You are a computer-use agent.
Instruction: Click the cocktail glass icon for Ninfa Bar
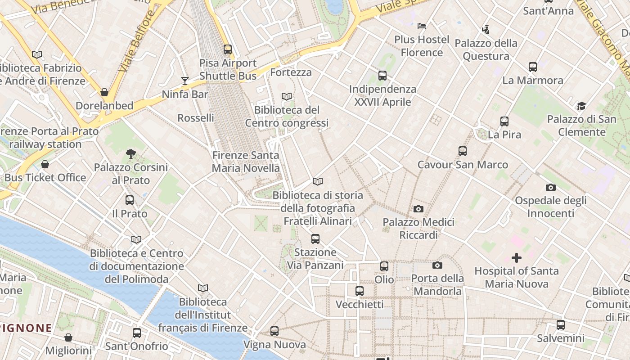pyautogui.click(x=184, y=81)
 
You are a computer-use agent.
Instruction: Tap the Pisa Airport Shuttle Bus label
pyautogui.click(x=228, y=69)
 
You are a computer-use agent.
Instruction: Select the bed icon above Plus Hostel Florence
pyautogui.click(x=422, y=26)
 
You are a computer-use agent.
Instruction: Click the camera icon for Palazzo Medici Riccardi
pyautogui.click(x=418, y=209)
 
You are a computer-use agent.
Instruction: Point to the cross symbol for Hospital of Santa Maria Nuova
pyautogui.click(x=516, y=258)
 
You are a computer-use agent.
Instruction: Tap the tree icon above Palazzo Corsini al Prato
pyautogui.click(x=131, y=154)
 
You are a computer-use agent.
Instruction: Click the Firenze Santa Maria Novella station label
pyautogui.click(x=246, y=162)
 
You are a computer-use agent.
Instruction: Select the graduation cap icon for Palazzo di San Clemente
pyautogui.click(x=581, y=106)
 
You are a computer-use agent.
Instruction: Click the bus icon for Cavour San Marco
pyautogui.click(x=463, y=151)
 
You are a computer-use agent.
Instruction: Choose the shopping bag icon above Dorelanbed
pyautogui.click(x=104, y=92)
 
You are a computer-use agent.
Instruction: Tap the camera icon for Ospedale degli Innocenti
pyautogui.click(x=550, y=187)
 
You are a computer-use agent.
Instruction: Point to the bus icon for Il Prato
pyautogui.click(x=130, y=200)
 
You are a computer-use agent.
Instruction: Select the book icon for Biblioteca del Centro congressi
pyautogui.click(x=287, y=96)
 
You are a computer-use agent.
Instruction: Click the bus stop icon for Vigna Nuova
pyautogui.click(x=274, y=331)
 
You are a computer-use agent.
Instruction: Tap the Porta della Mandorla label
pyautogui.click(x=437, y=284)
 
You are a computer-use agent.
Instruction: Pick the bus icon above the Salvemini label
pyautogui.click(x=561, y=324)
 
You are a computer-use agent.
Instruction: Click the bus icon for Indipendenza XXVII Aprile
pyautogui.click(x=382, y=76)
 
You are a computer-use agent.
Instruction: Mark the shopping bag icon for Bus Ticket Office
pyautogui.click(x=45, y=164)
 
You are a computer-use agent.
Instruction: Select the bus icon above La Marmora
pyautogui.click(x=533, y=67)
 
